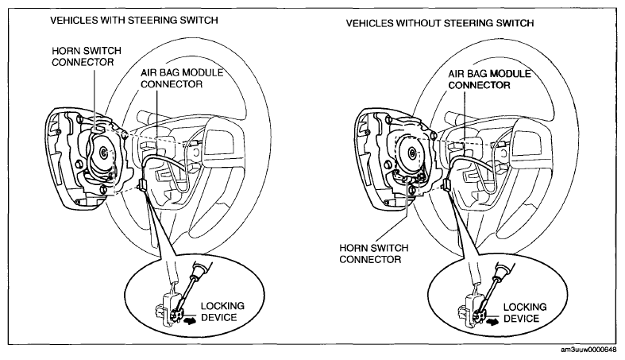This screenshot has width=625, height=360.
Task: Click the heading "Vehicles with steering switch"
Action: click(x=134, y=20)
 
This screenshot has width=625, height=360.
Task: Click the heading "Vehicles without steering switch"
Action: click(x=440, y=23)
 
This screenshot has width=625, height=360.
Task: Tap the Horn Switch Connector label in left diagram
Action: click(x=87, y=56)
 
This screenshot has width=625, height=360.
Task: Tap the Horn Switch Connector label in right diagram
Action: click(x=374, y=254)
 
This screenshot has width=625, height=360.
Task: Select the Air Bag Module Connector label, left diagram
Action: click(x=182, y=79)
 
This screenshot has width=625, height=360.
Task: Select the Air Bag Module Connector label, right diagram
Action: click(x=489, y=79)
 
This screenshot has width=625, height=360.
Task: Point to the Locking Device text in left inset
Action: click(x=222, y=312)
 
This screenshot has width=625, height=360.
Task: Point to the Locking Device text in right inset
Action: click(x=525, y=312)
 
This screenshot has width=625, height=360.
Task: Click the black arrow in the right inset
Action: click(x=493, y=320)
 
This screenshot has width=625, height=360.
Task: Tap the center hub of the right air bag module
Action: click(x=412, y=152)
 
